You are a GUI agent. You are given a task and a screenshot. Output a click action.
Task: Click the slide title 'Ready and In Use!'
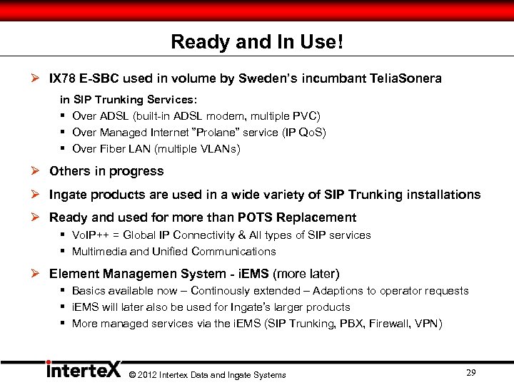click(x=257, y=42)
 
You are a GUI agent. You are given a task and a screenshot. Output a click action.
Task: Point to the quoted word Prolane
click(x=228, y=133)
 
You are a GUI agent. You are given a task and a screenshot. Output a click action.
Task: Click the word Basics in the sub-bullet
click(x=89, y=291)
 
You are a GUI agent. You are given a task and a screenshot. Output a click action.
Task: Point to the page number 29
click(x=470, y=373)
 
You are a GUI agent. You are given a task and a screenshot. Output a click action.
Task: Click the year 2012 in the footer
click(x=146, y=375)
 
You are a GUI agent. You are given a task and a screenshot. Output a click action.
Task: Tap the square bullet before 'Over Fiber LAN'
click(x=64, y=149)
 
